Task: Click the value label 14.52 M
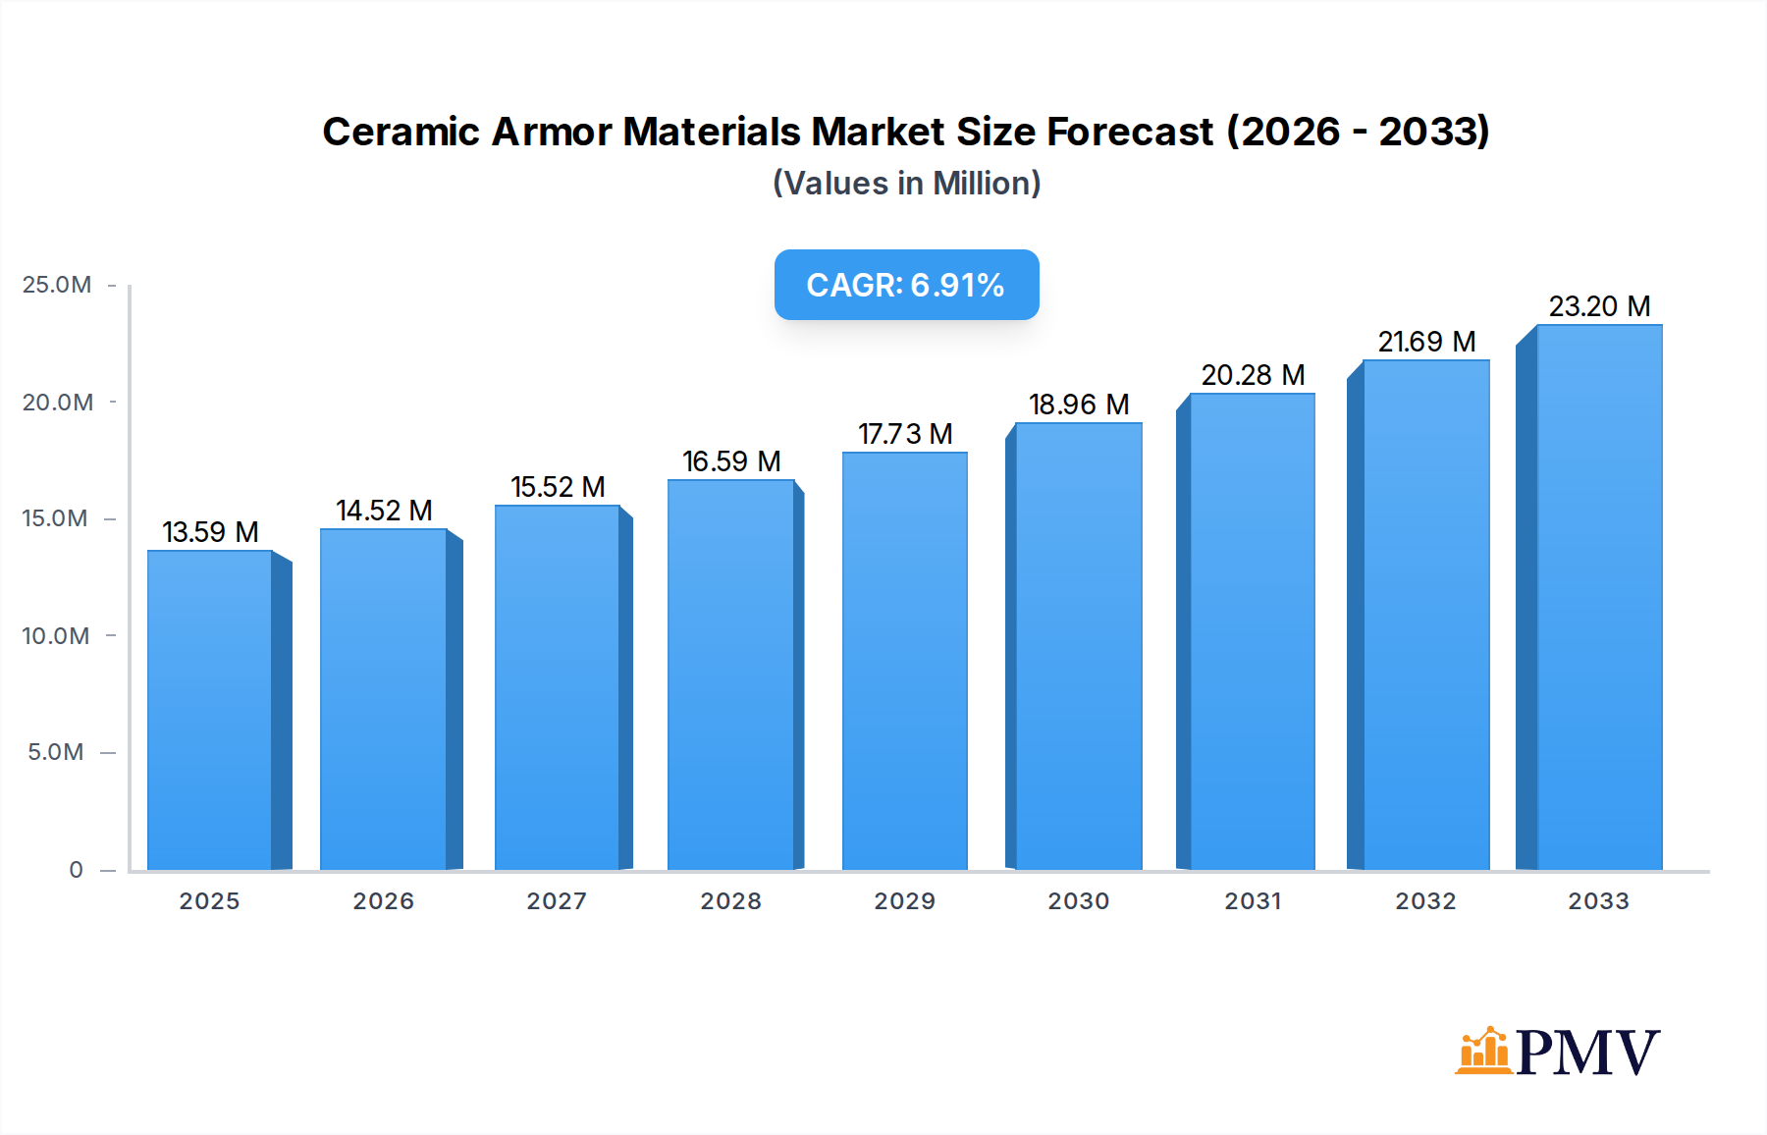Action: point(384,511)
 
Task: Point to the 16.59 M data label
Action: point(731,461)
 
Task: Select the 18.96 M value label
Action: point(1079,405)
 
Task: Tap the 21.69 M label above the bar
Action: point(1426,342)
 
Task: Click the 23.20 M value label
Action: point(1599,306)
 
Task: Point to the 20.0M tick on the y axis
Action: point(58,403)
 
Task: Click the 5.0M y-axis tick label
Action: point(56,752)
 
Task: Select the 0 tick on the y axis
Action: point(76,870)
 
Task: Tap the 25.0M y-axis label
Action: point(57,285)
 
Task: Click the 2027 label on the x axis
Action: point(557,901)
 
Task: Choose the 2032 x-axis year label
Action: point(1425,901)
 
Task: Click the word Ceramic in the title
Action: point(401,132)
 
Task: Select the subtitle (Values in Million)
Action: point(906,184)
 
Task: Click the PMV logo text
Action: point(1587,1053)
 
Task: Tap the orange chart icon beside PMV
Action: point(1483,1051)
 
